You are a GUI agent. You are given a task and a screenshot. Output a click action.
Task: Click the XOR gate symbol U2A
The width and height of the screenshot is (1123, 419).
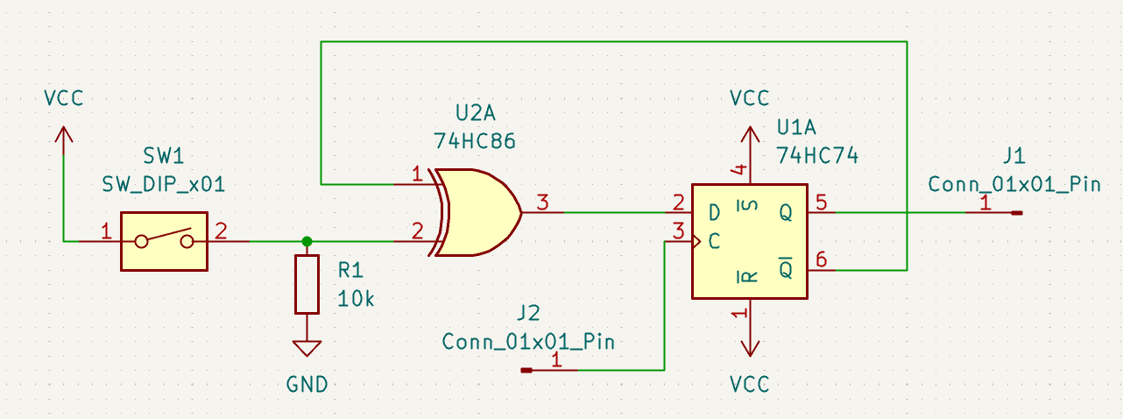pyautogui.click(x=477, y=212)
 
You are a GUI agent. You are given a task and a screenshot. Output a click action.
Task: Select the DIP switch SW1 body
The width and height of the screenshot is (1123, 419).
pyautogui.click(x=164, y=240)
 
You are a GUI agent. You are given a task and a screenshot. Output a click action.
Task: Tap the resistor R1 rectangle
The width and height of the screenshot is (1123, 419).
pyautogui.click(x=307, y=284)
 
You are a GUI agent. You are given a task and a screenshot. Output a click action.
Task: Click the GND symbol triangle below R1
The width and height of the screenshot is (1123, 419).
pyautogui.click(x=307, y=348)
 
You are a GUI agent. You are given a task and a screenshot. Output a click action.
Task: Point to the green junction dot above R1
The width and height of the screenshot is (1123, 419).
pyautogui.click(x=307, y=241)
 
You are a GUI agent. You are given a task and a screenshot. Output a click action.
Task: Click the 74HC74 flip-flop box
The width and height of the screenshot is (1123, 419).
pyautogui.click(x=749, y=241)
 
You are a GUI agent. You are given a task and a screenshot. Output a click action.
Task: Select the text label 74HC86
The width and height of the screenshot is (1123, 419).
pyautogui.click(x=474, y=140)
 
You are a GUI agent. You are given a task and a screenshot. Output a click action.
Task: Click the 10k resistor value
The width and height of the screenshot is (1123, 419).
pyautogui.click(x=357, y=299)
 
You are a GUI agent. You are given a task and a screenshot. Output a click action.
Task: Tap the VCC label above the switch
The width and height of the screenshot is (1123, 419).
pyautogui.click(x=63, y=98)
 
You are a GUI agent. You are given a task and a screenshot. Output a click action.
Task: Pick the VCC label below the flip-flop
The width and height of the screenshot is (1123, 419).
pyautogui.click(x=749, y=384)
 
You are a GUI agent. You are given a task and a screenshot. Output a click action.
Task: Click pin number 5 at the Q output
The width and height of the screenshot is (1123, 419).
pyautogui.click(x=821, y=202)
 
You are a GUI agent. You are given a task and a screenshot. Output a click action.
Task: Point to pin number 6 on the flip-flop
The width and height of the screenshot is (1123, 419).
pyautogui.click(x=821, y=259)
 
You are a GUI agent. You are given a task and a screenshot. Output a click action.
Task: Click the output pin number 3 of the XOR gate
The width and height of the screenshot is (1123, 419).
pyautogui.click(x=543, y=203)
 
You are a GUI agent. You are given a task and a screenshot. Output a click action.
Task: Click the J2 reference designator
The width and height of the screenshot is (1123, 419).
pyautogui.click(x=528, y=312)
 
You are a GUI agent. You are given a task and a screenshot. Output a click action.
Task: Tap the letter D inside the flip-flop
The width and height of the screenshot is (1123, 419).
pyautogui.click(x=715, y=213)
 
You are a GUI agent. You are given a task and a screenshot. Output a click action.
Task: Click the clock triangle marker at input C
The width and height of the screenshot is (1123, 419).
pyautogui.click(x=698, y=241)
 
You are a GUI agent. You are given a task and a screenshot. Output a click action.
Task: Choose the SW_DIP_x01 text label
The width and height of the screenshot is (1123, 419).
pyautogui.click(x=164, y=185)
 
